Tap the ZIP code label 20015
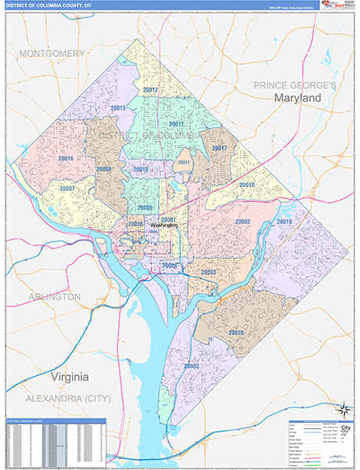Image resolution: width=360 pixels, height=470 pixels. pos(119,107)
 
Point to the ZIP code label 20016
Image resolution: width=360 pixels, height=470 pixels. pos(66,158)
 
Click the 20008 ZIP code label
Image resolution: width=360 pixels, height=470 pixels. pos(104,169)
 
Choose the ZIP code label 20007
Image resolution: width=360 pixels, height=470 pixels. pos(67,189)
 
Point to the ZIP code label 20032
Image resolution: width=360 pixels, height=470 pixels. pos(192,366)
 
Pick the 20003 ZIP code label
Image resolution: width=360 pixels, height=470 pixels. pos(208,272)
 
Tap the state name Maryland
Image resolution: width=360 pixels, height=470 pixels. pos(297,97)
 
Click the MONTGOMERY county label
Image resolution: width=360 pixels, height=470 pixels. pos(52,53)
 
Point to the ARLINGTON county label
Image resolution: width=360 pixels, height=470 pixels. pos(55,297)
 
